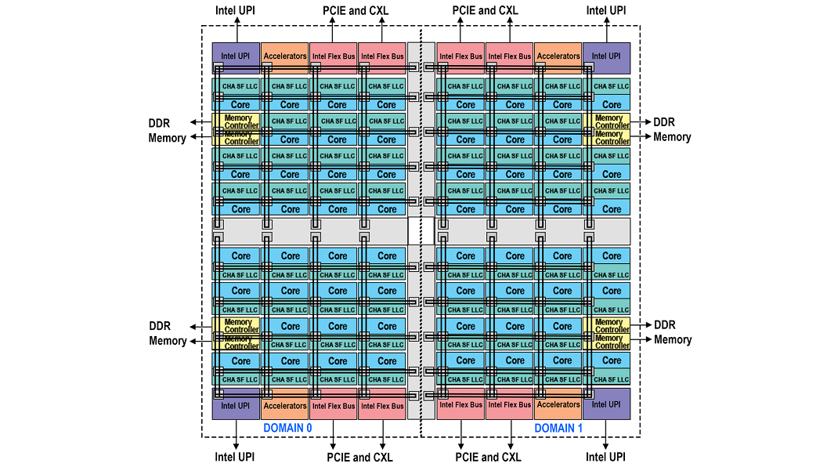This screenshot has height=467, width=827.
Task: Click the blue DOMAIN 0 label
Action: coord(287,428)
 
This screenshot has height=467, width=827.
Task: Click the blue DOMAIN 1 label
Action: coord(558,428)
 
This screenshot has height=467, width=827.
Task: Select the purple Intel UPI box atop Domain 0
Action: coord(236,57)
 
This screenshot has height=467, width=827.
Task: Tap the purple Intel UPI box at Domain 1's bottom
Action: coord(606,404)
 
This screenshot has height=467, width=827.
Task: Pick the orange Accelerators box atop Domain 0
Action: coord(284,57)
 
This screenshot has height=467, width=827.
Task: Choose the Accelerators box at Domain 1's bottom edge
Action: coord(558,404)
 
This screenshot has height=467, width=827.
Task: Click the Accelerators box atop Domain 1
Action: coord(558,57)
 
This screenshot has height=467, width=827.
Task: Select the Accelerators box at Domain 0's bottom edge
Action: coord(284,404)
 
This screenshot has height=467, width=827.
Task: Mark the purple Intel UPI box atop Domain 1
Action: coord(606,57)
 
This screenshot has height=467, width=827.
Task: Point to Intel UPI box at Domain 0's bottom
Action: coord(236,404)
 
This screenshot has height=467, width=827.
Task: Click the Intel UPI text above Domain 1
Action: coord(606,10)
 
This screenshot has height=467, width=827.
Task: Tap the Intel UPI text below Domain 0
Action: coord(235,457)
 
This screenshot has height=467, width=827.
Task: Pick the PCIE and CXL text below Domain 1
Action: coord(489,457)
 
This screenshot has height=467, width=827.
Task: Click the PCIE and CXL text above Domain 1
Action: coord(486,10)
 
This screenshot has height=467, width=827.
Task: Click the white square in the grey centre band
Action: coord(421,230)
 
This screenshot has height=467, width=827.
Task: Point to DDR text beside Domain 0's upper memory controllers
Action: coord(160,122)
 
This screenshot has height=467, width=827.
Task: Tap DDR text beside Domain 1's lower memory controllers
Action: coord(665,325)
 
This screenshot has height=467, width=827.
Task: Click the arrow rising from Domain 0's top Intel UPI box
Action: coord(236,31)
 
